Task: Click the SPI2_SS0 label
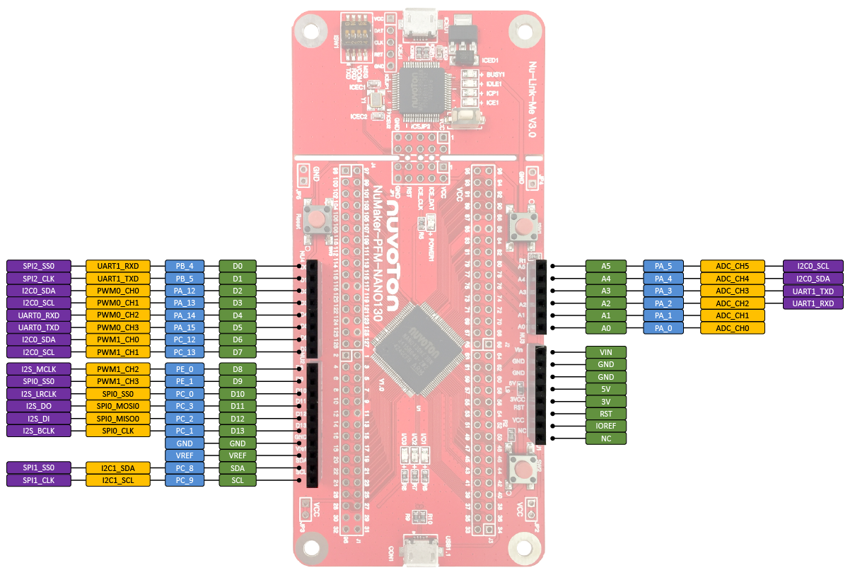39,266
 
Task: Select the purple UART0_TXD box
39,327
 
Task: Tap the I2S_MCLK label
39,369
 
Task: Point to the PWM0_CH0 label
118,291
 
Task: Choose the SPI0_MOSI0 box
118,406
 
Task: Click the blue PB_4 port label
185,266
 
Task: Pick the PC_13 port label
185,352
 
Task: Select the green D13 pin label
238,431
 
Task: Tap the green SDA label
238,468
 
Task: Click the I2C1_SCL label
118,481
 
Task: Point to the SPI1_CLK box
39,481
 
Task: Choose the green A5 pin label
606,266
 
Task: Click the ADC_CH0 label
732,328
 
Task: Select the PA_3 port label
663,291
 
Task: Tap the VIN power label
606,352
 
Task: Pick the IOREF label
606,426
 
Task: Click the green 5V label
606,389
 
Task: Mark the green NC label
606,438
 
